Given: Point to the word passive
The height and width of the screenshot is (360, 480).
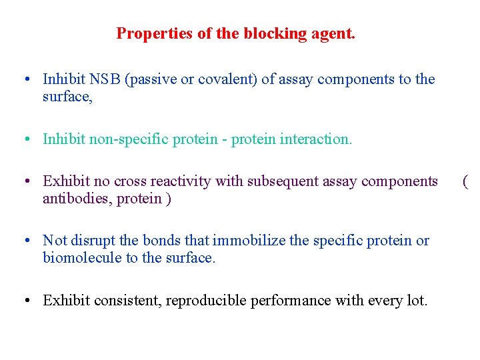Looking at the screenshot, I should [151, 79].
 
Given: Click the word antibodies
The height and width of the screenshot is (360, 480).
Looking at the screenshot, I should [77, 199].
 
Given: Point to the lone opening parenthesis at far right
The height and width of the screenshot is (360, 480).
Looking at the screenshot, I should [465, 181].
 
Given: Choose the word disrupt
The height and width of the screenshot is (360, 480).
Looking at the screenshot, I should [90, 241].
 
